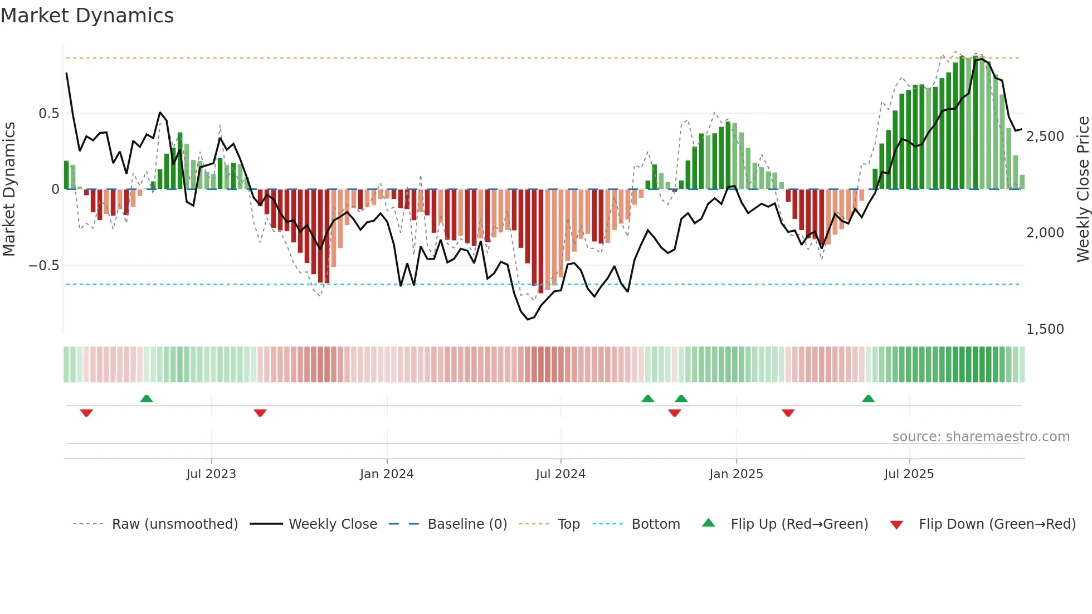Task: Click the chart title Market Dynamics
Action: [x=87, y=16]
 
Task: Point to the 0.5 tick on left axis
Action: [x=48, y=114]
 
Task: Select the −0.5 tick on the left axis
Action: [x=44, y=266]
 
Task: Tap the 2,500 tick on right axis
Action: [x=1045, y=137]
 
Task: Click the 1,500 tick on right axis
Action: [x=1045, y=329]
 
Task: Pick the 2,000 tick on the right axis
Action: [x=1045, y=233]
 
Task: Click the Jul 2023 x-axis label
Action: [x=211, y=474]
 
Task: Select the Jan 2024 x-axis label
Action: [x=387, y=474]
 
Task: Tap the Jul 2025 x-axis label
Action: [x=909, y=474]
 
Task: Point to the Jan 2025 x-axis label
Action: [x=736, y=474]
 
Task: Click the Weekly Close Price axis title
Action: [x=1083, y=189]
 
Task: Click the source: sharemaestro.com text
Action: [x=981, y=437]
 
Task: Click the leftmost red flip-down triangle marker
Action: [x=86, y=412]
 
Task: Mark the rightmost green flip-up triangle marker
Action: [x=868, y=399]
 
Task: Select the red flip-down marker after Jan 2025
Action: [x=788, y=412]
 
